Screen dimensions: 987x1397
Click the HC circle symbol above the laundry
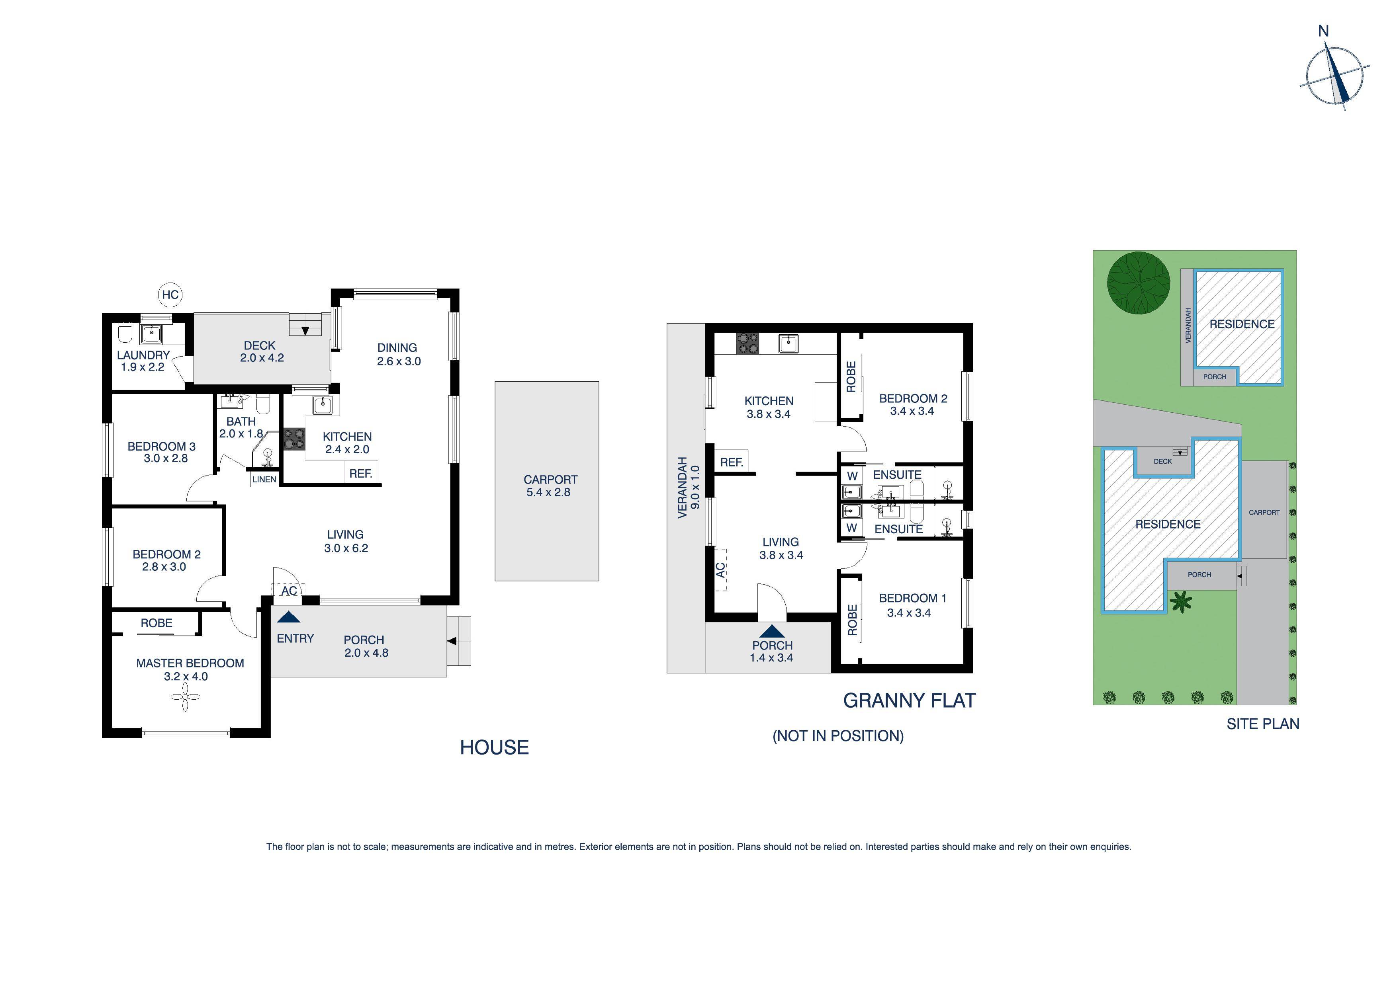pos(170,295)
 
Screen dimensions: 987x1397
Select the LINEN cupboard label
pos(264,479)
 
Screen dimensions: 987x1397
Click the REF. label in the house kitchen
pos(361,473)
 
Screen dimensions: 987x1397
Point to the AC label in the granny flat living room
pos(720,570)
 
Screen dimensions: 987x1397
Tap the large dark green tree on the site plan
pos(1138,283)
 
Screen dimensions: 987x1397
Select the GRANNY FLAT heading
pos(909,700)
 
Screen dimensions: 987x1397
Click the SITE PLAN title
pos(1262,724)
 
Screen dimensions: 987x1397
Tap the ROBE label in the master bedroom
pos(157,623)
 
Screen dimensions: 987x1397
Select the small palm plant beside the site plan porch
pos(1181,603)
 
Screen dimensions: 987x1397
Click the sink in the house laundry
pos(151,333)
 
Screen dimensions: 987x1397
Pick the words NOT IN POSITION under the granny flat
pos(838,736)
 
